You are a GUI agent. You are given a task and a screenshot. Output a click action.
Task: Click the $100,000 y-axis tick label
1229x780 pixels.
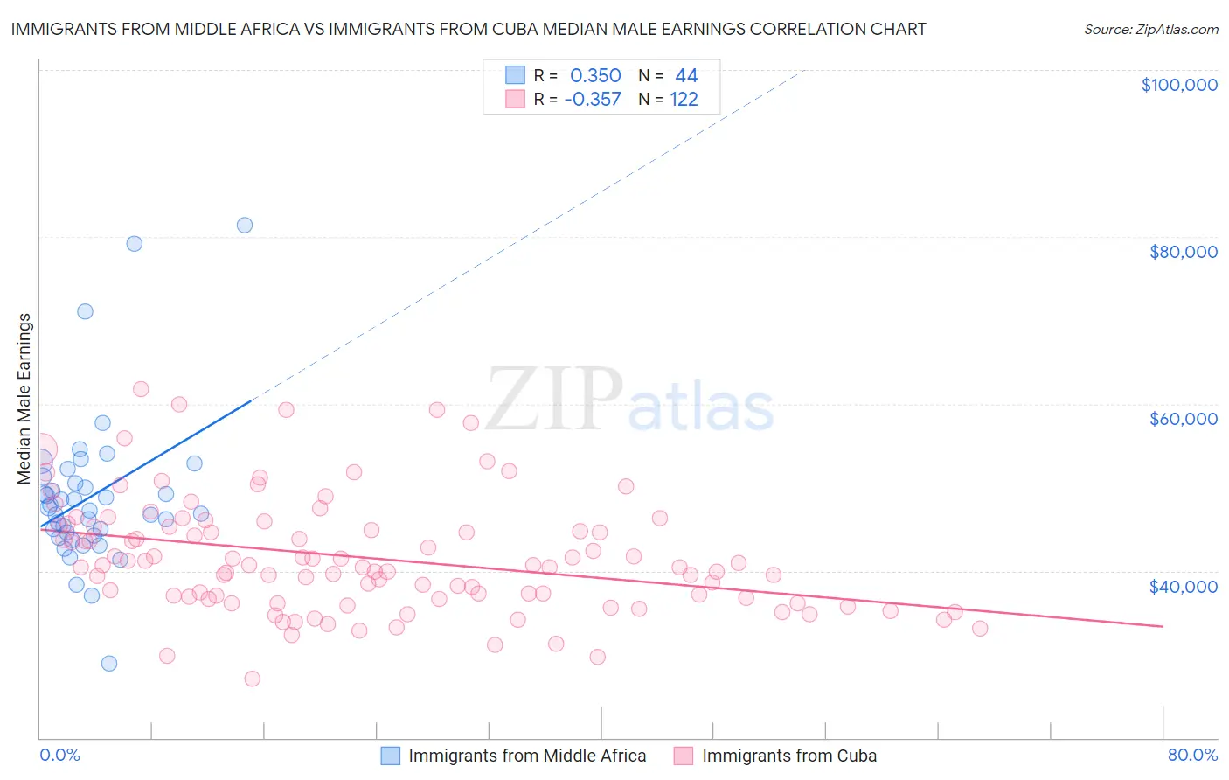click(1179, 85)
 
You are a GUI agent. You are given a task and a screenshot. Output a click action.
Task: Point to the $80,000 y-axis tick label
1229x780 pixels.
click(1183, 252)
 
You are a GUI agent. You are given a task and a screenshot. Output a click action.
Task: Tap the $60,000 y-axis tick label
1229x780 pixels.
click(1183, 419)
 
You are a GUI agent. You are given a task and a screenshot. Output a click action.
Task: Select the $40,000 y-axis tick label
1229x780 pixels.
click(1183, 586)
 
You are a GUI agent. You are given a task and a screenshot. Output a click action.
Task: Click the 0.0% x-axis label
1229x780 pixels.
click(59, 755)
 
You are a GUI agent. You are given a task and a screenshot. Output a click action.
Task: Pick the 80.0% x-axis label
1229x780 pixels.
click(1192, 755)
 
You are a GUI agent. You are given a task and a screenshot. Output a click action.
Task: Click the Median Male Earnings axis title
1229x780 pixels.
click(24, 398)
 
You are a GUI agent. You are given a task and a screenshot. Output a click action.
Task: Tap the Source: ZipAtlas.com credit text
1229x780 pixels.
click(1150, 30)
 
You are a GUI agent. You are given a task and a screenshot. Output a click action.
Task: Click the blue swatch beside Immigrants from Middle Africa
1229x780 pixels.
click(390, 756)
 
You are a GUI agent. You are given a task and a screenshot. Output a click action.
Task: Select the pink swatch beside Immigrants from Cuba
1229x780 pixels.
click(684, 756)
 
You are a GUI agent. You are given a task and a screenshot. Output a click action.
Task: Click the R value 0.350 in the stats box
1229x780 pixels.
click(595, 76)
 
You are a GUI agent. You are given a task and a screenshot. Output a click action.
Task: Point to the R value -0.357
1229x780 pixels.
click(593, 100)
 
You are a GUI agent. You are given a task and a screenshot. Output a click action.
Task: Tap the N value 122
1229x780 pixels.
click(684, 100)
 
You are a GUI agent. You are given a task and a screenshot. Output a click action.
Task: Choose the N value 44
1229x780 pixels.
click(686, 76)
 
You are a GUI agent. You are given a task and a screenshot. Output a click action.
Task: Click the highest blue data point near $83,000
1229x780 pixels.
click(245, 226)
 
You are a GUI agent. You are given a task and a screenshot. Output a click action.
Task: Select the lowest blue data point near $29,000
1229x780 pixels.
click(109, 664)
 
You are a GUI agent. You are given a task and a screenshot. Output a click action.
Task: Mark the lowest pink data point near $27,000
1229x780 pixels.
click(253, 679)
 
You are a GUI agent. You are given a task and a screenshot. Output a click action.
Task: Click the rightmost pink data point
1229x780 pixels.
click(980, 629)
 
